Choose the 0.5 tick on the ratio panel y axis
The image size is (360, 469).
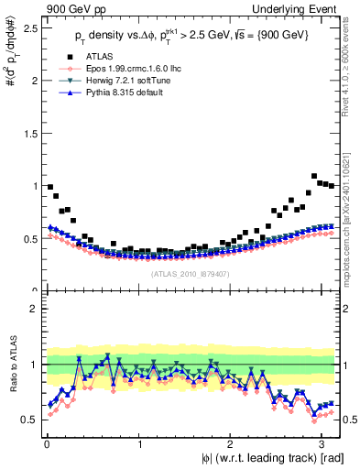(31, 419)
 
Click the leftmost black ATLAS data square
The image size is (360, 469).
(49, 187)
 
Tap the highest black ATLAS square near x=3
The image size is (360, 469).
(314, 176)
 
